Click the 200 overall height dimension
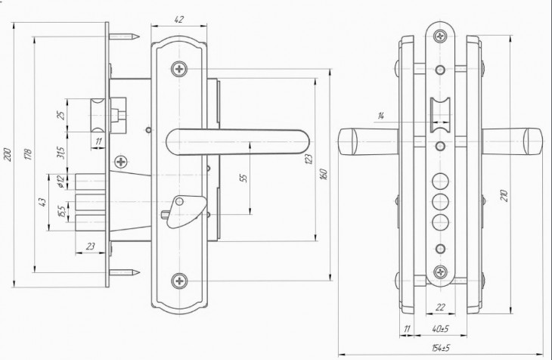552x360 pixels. [8, 154]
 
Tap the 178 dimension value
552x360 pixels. [28, 154]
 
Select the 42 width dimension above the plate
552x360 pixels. [179, 20]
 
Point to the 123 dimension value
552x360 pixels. [309, 160]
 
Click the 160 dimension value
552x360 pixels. [324, 175]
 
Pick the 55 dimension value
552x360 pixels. [243, 178]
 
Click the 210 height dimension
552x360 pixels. [504, 196]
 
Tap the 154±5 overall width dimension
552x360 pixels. [441, 348]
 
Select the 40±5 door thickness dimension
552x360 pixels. [440, 329]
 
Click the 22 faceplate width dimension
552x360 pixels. [440, 308]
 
